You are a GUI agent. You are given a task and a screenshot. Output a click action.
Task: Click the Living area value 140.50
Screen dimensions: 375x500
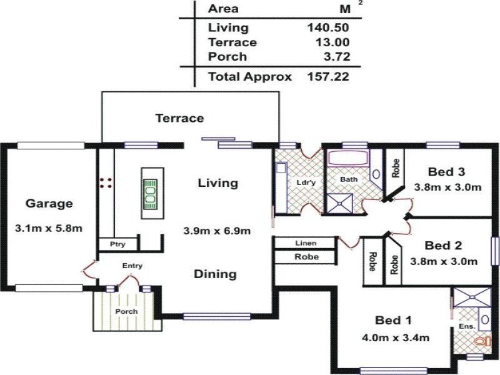pos(327,27)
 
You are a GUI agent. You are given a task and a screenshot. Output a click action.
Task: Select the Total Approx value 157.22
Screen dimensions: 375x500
pos(327,77)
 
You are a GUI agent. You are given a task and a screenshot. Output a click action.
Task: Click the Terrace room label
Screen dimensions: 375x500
pos(180,117)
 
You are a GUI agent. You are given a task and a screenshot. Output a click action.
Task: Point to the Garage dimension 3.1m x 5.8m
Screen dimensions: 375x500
pos(49,228)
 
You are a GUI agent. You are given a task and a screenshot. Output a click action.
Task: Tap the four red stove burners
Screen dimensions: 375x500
pos(106,182)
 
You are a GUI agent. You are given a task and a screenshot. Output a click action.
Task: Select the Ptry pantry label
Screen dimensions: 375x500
pos(114,244)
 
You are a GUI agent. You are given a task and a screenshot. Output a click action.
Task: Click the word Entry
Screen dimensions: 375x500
pos(132,266)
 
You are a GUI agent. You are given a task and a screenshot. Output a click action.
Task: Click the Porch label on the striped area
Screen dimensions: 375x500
pos(126,311)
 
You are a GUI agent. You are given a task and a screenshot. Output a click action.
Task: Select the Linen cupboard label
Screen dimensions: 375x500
pos(306,243)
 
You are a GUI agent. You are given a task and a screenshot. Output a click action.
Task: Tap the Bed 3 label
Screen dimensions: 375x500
pos(447,171)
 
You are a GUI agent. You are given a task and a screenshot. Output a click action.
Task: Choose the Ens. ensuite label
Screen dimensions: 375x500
pos(467,326)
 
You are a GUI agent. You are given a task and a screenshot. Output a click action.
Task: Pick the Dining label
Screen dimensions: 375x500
pos(215,274)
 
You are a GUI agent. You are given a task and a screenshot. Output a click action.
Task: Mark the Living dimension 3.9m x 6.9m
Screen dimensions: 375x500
pos(217,230)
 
